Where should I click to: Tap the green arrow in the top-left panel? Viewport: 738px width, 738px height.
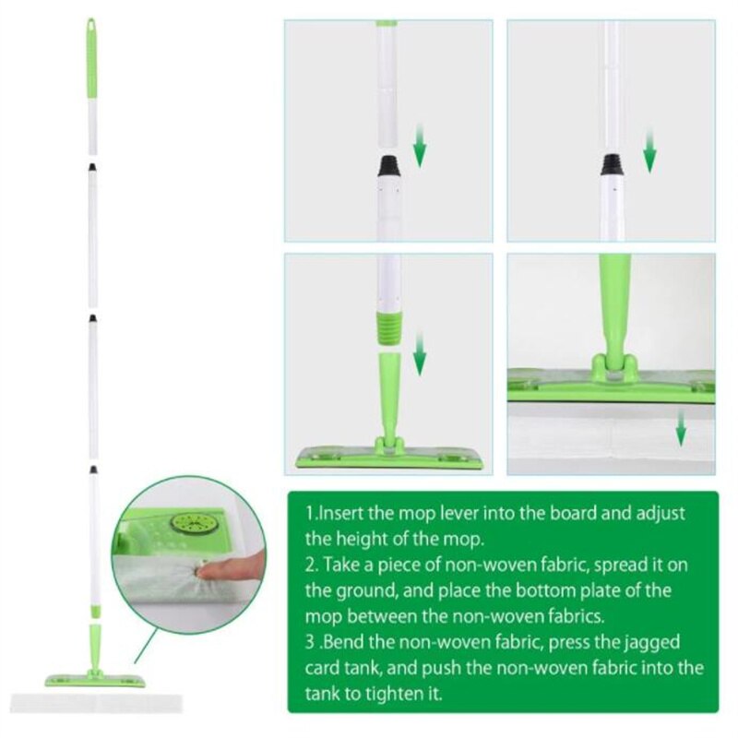click(420, 147)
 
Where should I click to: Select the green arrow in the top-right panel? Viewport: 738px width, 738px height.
click(650, 151)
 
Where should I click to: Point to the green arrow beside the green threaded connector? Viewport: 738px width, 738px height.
click(420, 355)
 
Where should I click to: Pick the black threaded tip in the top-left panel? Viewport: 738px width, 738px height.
click(388, 167)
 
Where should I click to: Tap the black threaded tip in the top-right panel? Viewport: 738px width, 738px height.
click(611, 165)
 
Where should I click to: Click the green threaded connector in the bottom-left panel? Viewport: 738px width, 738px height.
click(388, 327)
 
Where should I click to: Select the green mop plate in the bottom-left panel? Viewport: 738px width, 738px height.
click(388, 457)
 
